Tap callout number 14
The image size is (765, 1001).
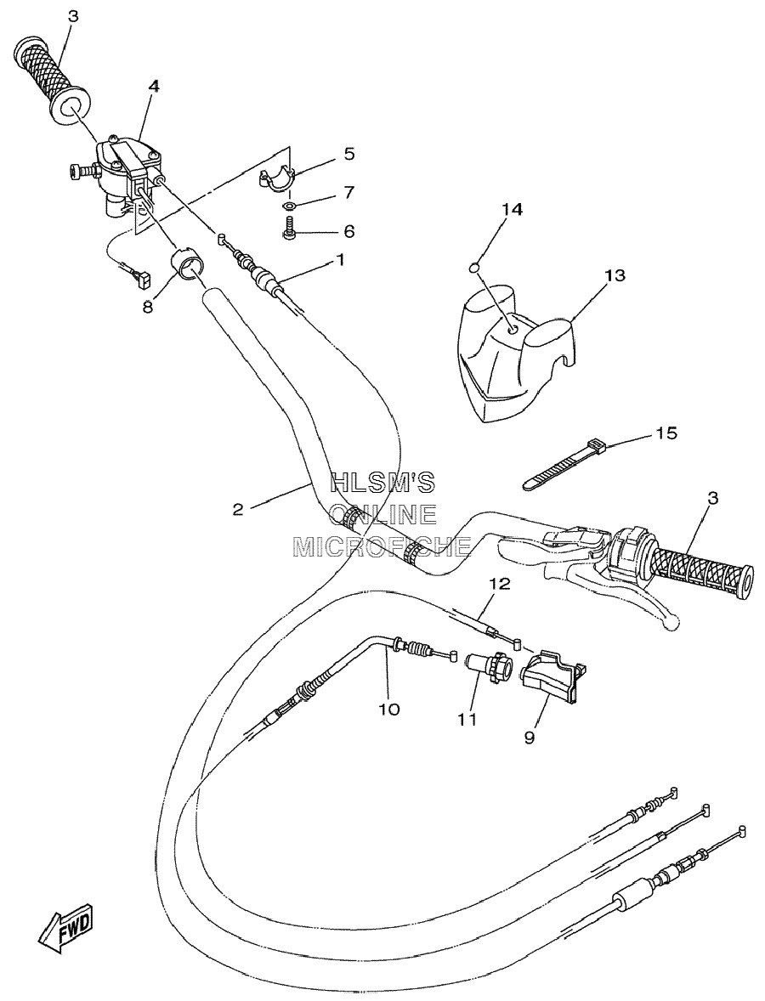click(x=513, y=209)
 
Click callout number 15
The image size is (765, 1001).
click(x=666, y=433)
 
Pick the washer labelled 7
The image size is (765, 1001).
click(x=289, y=206)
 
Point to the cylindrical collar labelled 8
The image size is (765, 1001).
click(x=186, y=265)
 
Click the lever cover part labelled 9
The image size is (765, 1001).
click(x=552, y=678)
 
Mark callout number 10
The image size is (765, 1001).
click(x=389, y=709)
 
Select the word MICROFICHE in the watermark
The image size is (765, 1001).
click(x=382, y=546)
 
